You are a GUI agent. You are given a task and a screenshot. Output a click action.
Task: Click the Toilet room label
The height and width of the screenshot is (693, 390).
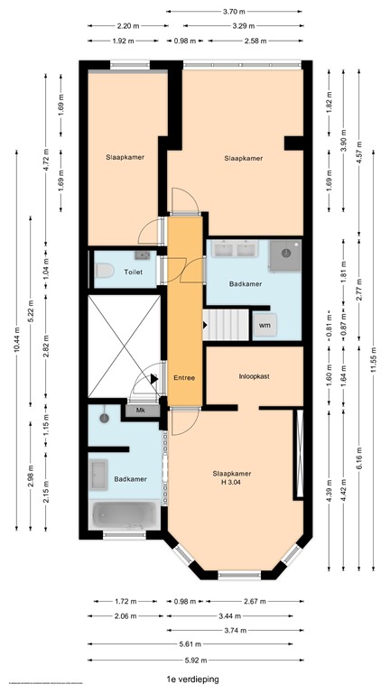pos(134,270)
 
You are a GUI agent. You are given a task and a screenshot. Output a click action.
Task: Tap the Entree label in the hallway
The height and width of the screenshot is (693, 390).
pos(184,378)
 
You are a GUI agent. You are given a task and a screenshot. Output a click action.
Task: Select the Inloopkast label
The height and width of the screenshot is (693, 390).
pos(255,376)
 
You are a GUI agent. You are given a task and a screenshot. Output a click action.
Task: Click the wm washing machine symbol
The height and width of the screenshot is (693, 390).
pos(265,325)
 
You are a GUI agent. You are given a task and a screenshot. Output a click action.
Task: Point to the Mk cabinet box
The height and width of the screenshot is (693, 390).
pos(141,411)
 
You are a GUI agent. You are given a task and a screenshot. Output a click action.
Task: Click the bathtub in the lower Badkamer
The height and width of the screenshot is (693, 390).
pos(125,515)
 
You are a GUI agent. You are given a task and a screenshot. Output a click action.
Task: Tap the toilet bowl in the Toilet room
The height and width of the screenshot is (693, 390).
pos(105,269)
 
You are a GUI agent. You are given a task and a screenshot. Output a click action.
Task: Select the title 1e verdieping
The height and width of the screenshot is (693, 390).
pos(192,679)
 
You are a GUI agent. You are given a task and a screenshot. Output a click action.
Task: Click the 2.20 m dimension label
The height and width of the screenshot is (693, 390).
pos(127,26)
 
